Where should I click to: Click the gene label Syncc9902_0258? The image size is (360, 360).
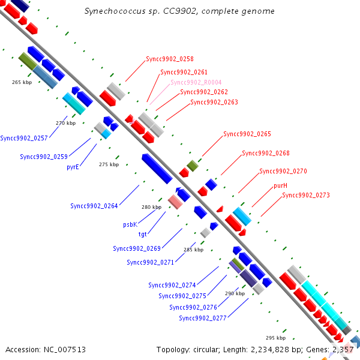(x=170, y=59)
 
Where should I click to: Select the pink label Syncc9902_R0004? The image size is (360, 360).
(x=196, y=82)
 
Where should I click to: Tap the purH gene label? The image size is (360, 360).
(x=280, y=185)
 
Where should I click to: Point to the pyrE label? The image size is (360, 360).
(x=73, y=167)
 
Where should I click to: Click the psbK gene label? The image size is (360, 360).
(x=130, y=224)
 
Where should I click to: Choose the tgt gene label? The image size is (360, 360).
(x=142, y=234)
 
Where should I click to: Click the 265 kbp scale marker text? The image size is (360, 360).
(x=22, y=82)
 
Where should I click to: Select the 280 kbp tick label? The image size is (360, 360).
(x=152, y=207)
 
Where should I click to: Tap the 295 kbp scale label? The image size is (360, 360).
(x=276, y=338)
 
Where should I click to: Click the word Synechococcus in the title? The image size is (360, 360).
(x=115, y=11)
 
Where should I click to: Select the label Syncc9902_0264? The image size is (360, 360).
(x=94, y=206)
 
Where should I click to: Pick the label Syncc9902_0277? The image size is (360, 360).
(x=203, y=318)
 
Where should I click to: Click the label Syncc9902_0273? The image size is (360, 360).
(x=306, y=195)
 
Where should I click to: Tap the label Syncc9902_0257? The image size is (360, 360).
(x=24, y=138)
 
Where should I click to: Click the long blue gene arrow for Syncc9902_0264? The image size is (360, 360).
(x=157, y=169)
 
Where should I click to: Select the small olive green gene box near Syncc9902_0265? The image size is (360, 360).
(x=193, y=166)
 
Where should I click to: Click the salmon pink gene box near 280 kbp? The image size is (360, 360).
(x=175, y=202)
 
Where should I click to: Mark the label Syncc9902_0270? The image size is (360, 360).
(x=283, y=171)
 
